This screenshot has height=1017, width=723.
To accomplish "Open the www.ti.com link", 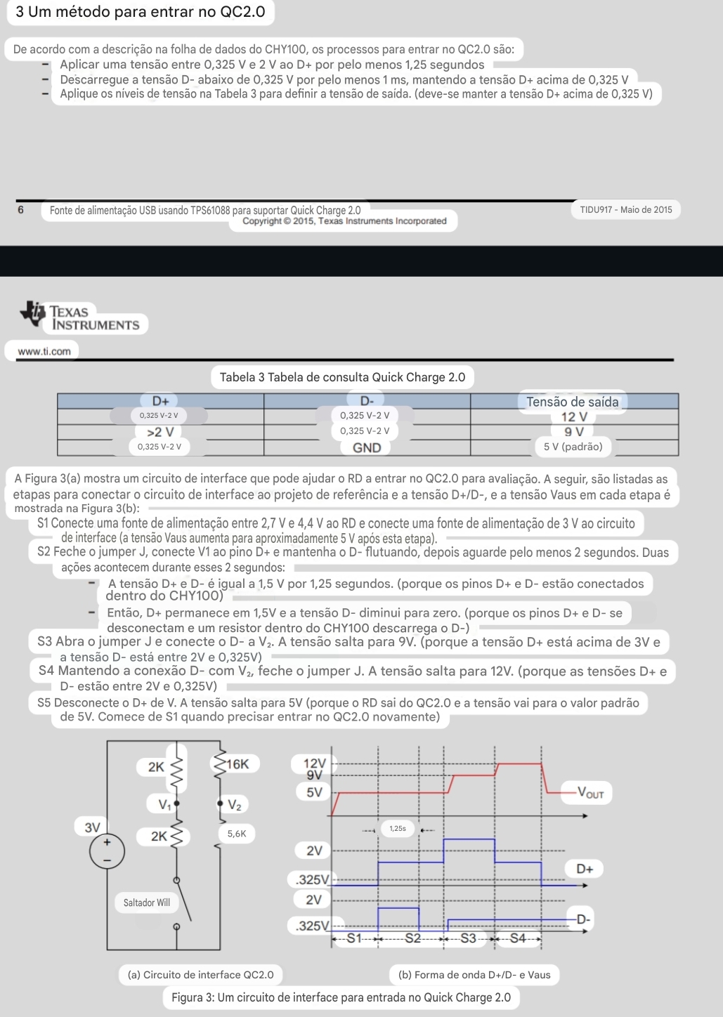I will tap(44, 351).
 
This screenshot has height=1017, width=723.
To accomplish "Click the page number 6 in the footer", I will tap(20, 209).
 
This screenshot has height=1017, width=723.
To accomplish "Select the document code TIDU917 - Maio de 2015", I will tap(625, 209).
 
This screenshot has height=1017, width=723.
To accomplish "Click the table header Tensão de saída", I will tap(572, 402).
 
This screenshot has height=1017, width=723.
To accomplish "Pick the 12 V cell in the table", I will tap(573, 417).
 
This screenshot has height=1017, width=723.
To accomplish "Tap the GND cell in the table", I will tap(367, 448).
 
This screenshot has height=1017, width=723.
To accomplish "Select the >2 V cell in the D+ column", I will tap(160, 432).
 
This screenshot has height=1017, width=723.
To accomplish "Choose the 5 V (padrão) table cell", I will tap(573, 447).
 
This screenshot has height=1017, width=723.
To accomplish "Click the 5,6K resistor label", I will tap(237, 834).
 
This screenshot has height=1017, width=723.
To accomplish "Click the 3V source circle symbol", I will tap(108, 851).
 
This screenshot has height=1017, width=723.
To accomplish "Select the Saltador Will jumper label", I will tap(147, 903).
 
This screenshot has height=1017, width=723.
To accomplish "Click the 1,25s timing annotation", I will tap(398, 829).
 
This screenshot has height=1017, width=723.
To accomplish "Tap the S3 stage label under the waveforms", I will tap(468, 938).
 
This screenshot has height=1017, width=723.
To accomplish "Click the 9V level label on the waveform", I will tap(314, 775).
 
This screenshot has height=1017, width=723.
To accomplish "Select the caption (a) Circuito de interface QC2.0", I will tap(201, 975).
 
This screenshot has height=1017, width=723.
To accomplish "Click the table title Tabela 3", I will tap(342, 377).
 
